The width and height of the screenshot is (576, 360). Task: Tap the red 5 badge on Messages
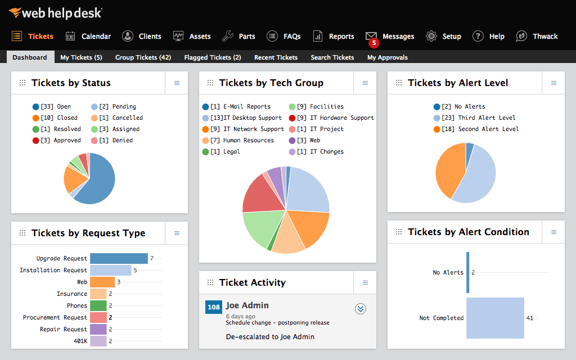(373, 43)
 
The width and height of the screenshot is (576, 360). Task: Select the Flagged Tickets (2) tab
(212, 57)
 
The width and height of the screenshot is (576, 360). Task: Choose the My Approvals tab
(387, 57)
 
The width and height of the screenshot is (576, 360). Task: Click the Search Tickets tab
(332, 57)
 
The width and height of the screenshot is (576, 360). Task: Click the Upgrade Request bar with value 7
(119, 258)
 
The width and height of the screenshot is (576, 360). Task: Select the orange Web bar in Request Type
(102, 282)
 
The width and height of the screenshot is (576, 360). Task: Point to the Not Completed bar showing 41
(495, 318)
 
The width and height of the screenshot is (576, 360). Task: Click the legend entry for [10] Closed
(55, 118)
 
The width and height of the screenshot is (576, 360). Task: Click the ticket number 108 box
(214, 307)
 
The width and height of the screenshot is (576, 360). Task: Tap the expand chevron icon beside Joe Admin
(361, 308)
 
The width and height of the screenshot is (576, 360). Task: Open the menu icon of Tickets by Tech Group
(365, 83)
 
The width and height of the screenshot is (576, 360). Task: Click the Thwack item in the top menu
(537, 36)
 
